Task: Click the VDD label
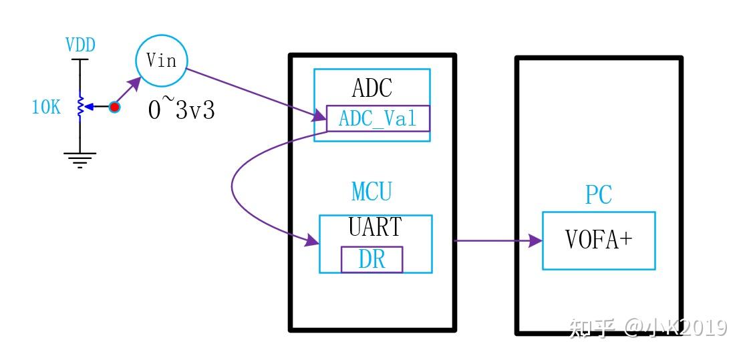80,45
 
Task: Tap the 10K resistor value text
46,107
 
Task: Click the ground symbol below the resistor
80,159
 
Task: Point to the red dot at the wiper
114,107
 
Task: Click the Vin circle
161,61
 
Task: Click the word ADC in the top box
372,88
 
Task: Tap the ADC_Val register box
378,118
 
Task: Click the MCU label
371,192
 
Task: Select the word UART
375,228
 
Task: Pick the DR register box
372,259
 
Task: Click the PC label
598,195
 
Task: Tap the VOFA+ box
598,240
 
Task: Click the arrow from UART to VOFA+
498,240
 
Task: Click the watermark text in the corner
647,327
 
